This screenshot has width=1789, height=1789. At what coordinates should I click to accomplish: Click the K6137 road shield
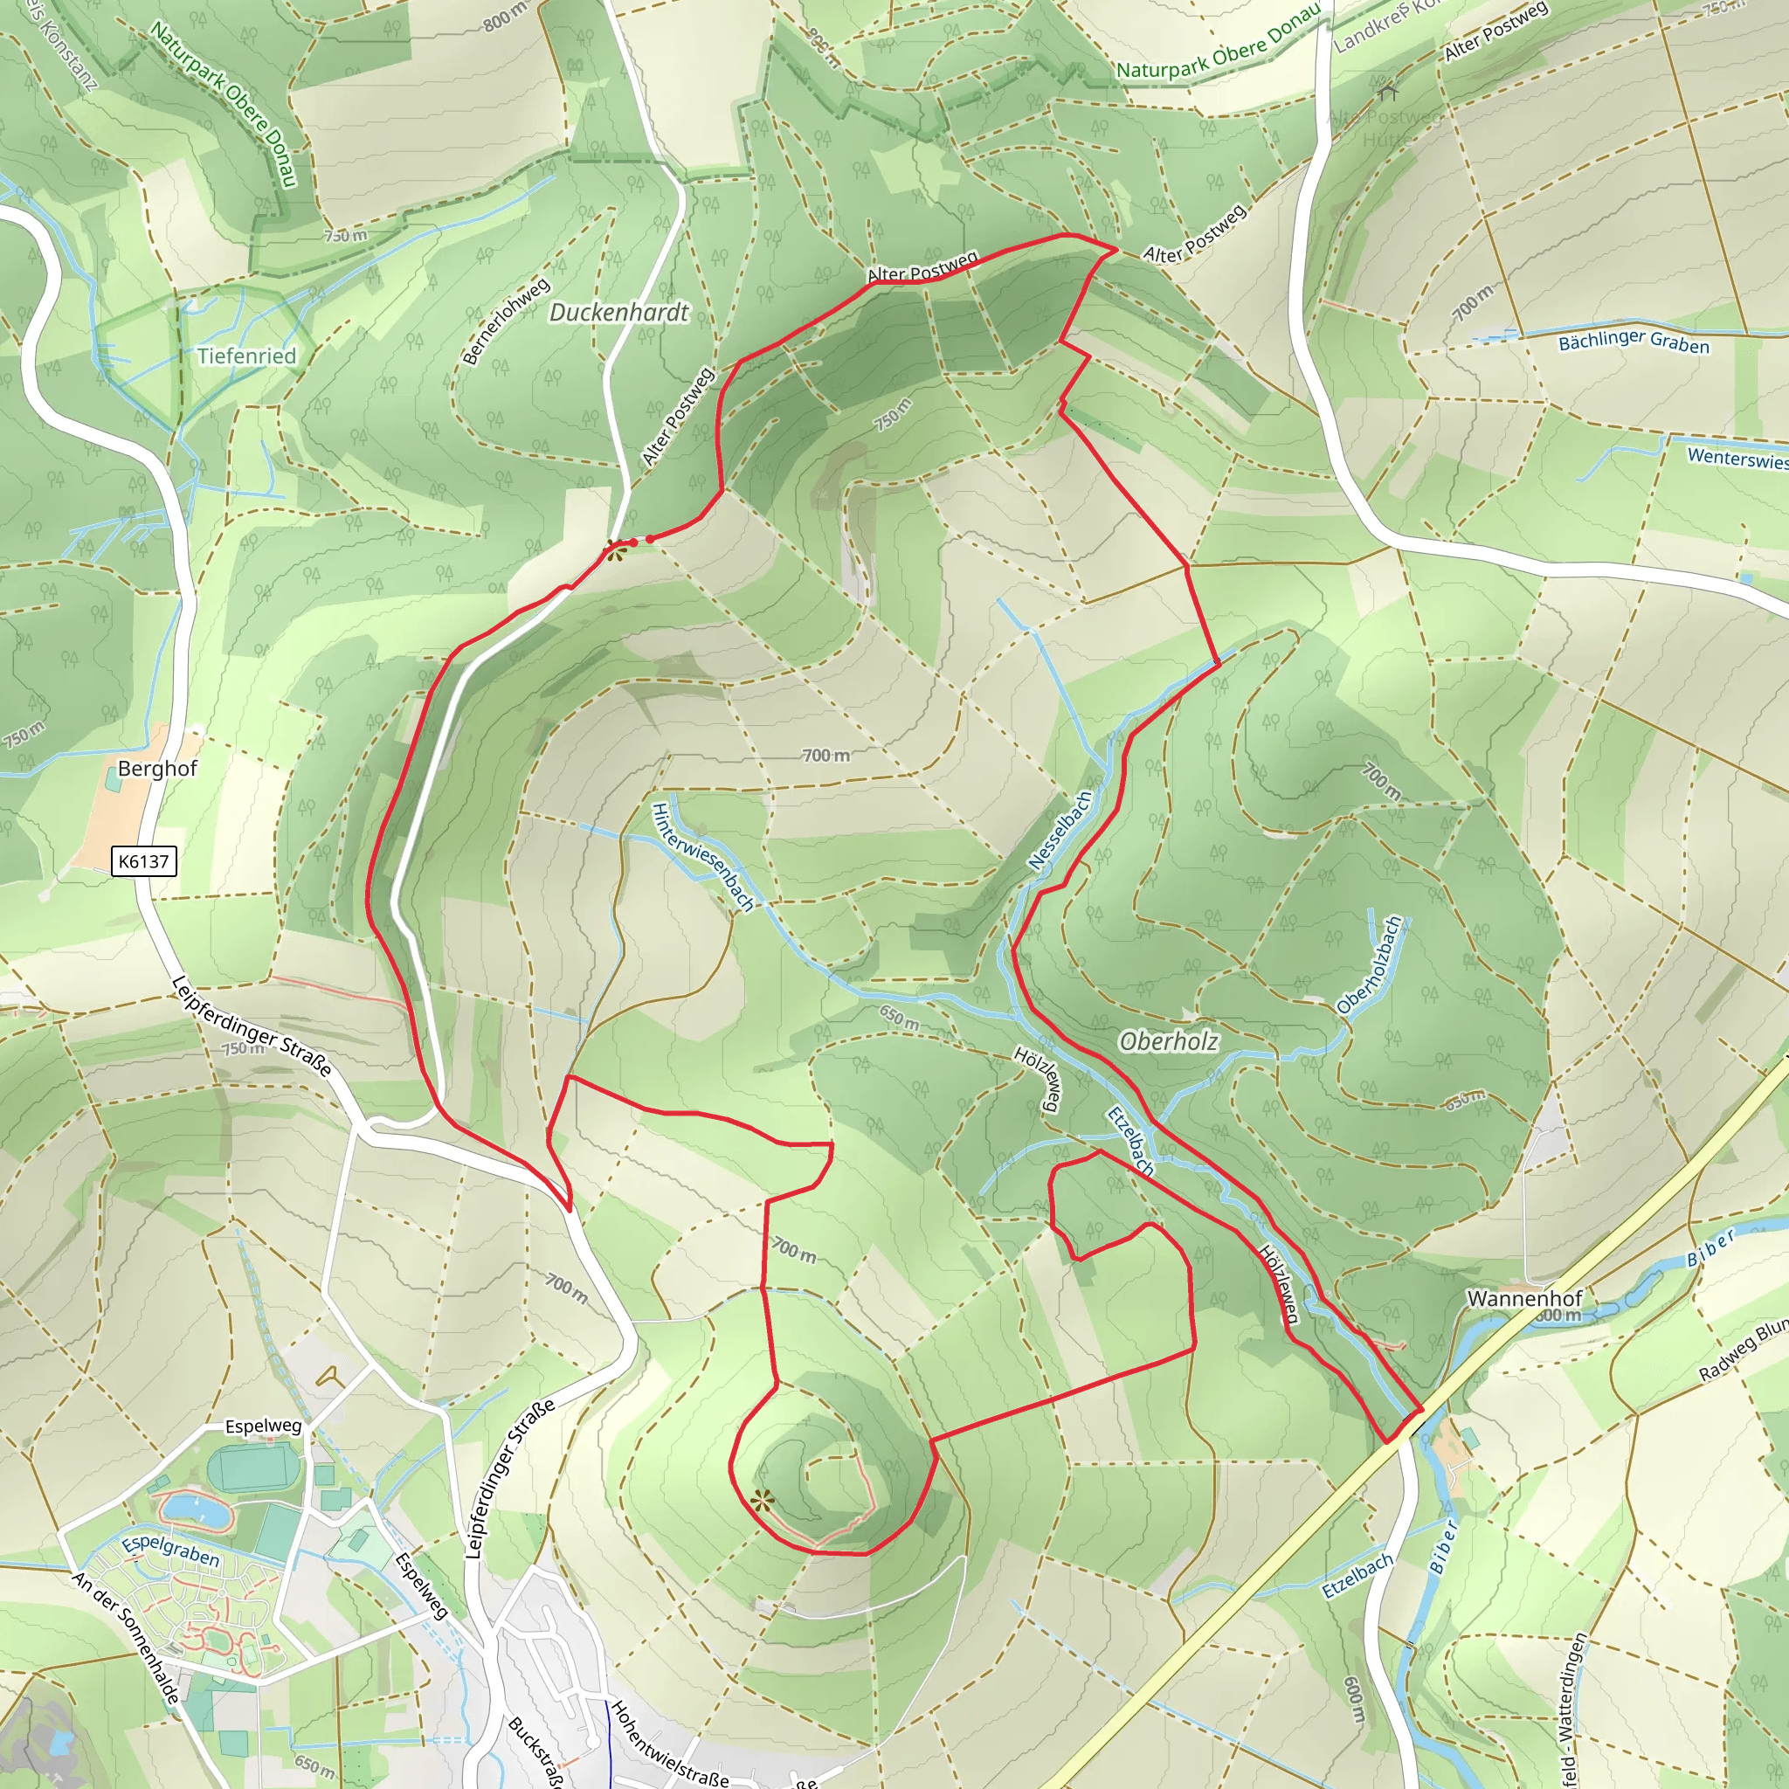click(x=143, y=861)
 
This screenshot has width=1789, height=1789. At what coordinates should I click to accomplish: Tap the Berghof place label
click(x=157, y=769)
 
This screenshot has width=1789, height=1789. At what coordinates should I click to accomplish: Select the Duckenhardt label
click(x=618, y=313)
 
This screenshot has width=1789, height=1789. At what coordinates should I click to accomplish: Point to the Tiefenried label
click(x=246, y=356)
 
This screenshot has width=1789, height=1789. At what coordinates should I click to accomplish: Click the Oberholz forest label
click(x=1169, y=1042)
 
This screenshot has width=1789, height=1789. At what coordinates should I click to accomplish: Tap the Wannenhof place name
click(x=1524, y=1298)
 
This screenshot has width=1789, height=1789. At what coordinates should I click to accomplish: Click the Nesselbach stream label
click(x=1060, y=831)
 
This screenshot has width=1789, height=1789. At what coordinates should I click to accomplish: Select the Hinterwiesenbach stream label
click(x=703, y=857)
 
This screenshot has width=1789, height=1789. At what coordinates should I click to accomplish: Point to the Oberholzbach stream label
click(x=1370, y=965)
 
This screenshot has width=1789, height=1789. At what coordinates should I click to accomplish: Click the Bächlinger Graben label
click(x=1634, y=342)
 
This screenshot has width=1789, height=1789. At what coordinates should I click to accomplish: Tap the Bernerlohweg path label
click(x=506, y=321)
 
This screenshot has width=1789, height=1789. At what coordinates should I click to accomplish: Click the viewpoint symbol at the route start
click(x=615, y=552)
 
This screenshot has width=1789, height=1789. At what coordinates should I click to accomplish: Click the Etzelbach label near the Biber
click(x=1357, y=1576)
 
